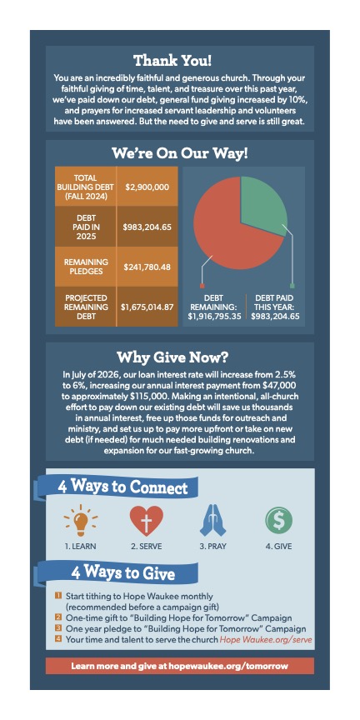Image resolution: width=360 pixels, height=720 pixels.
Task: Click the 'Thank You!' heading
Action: coord(179,60)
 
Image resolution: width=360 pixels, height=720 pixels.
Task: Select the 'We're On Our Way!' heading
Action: coord(179,153)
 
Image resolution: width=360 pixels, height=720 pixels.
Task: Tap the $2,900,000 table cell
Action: coord(147,187)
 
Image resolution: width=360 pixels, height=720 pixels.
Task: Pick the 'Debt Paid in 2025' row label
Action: coord(85,225)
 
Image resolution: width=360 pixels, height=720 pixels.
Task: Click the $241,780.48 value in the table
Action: coord(147,267)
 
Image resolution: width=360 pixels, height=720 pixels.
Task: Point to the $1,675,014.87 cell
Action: coord(147,307)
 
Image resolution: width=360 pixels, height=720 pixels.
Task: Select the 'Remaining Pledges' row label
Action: coord(85,267)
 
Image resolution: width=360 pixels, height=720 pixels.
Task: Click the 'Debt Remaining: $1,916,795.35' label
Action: coord(211,306)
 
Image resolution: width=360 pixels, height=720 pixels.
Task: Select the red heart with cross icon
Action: coord(145,521)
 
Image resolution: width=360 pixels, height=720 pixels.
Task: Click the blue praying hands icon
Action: coord(213,521)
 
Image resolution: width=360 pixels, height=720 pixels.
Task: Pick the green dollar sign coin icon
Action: coord(278,521)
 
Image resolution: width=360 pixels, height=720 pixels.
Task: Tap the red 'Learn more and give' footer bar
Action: coord(179,666)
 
